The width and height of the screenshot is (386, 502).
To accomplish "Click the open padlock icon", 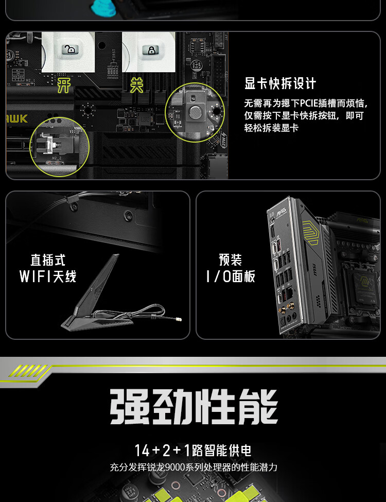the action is pos(70,49).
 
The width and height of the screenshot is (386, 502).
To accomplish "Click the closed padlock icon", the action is pos(150,50).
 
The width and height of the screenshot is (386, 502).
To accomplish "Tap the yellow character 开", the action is pos(64,86).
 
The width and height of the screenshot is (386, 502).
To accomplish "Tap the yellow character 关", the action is pos(137,86).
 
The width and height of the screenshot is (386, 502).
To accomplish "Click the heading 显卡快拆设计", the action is pos(280,83).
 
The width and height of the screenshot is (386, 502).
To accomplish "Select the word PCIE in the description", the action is pos(309,103).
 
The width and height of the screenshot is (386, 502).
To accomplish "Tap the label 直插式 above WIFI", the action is pos(48,260).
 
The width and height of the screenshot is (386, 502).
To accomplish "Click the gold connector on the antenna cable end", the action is pos(178,319).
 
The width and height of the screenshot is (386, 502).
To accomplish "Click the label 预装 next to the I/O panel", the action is pos(231,260).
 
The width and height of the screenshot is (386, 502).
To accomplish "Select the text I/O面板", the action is pos(231,276).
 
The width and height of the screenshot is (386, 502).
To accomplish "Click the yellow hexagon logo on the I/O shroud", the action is pos(311,233).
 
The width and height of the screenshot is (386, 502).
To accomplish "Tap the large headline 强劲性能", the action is pos(194,407).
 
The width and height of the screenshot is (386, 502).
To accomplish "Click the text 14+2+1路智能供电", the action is pos(193,450).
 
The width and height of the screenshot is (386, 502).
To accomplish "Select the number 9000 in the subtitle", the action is pos(176,468).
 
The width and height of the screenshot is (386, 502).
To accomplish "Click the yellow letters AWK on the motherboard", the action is pos(16,119).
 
